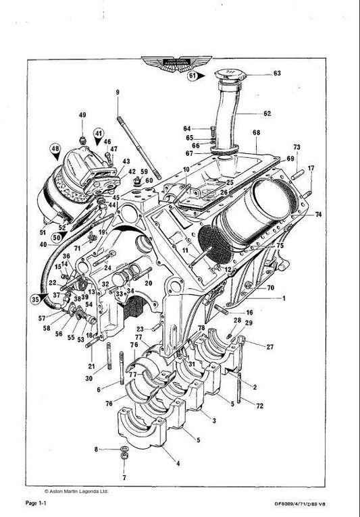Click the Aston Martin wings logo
click(x=180, y=63)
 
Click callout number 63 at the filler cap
click(x=277, y=74)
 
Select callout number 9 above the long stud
click(x=117, y=92)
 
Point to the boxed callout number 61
click(x=192, y=76)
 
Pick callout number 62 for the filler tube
click(x=267, y=113)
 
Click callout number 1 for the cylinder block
click(x=284, y=298)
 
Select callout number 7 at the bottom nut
click(x=124, y=478)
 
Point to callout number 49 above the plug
click(x=82, y=115)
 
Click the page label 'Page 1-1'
click(x=36, y=504)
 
